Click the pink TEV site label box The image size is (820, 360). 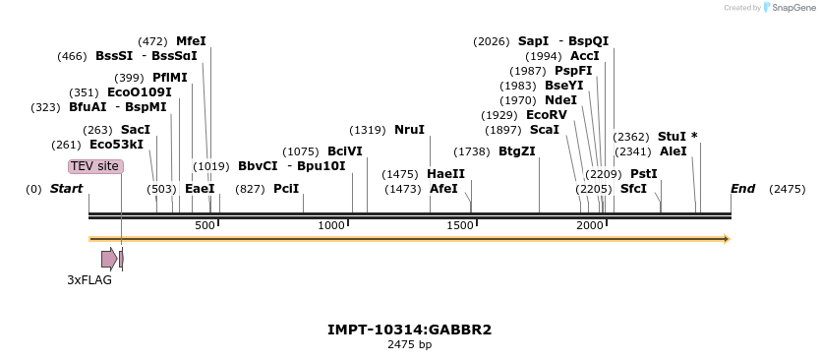coord(95,166)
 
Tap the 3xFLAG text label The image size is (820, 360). coord(89,279)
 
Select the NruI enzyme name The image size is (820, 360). coord(409,130)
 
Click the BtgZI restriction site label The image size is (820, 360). coord(516,151)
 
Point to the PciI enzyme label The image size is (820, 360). coord(286,188)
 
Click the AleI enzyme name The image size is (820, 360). coord(674,151)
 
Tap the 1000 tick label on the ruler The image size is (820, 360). coord(332,226)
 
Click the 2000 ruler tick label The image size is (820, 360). coord(590,226)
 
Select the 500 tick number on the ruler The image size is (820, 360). coord(205,226)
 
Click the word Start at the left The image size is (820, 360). coord(66,188)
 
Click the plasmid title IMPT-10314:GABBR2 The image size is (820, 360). coord(409,330)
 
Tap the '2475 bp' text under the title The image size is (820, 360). coord(409,344)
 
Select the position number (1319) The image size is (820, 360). coord(368,130)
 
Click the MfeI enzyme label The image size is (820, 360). coord(191,41)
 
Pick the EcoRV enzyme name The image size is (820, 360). coord(547,115)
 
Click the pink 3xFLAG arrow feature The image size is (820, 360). coord(108,259)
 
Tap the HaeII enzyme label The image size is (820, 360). coord(446,174)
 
